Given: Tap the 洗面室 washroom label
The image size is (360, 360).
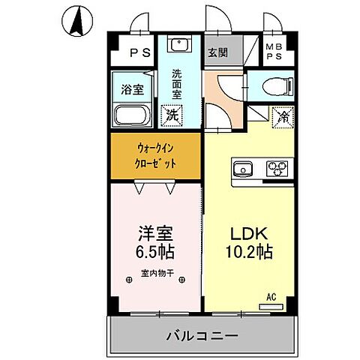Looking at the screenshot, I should (x=176, y=85).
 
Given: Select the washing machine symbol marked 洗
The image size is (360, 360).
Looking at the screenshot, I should (x=172, y=116).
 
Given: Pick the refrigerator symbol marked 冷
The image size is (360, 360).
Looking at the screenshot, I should (x=283, y=116).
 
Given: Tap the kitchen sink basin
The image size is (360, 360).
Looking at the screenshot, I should (x=243, y=168).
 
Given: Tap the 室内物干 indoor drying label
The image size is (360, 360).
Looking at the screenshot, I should (x=157, y=273).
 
